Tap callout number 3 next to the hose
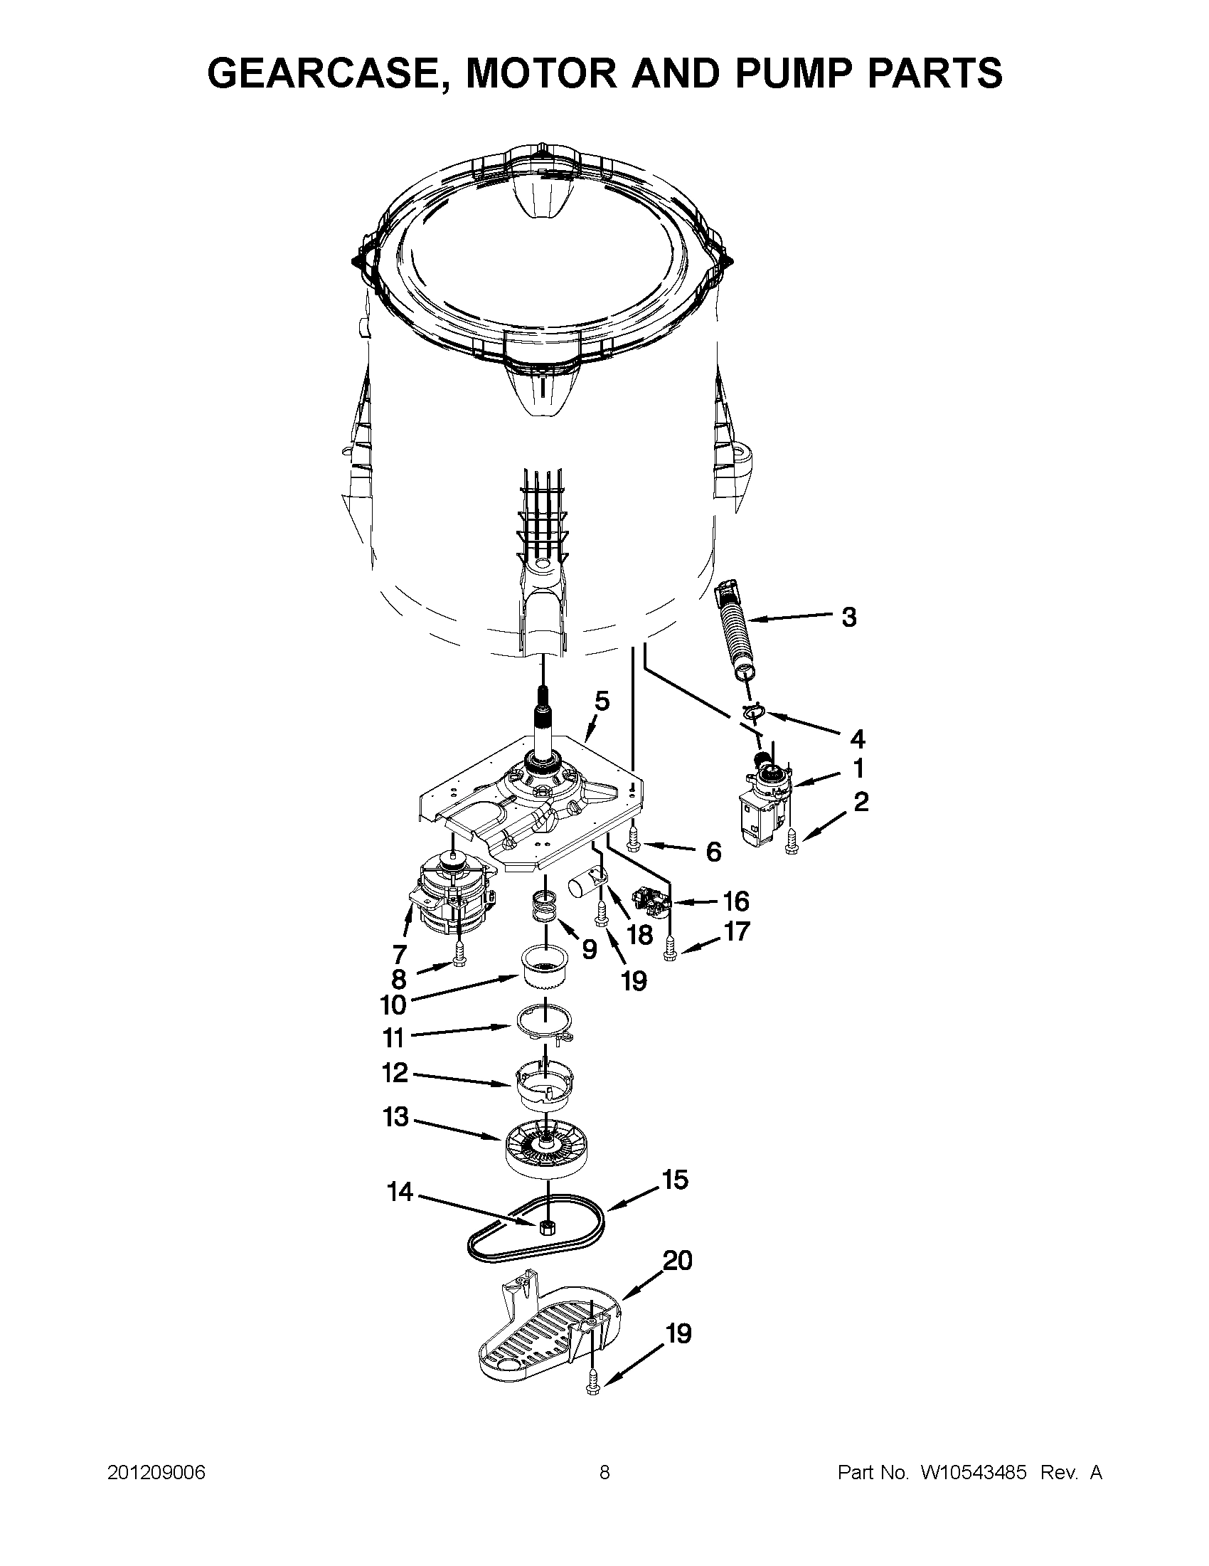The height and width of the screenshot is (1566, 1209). [x=848, y=616]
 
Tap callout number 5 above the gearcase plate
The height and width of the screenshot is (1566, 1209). [x=602, y=701]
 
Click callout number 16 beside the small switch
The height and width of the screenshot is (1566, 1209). [x=735, y=901]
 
